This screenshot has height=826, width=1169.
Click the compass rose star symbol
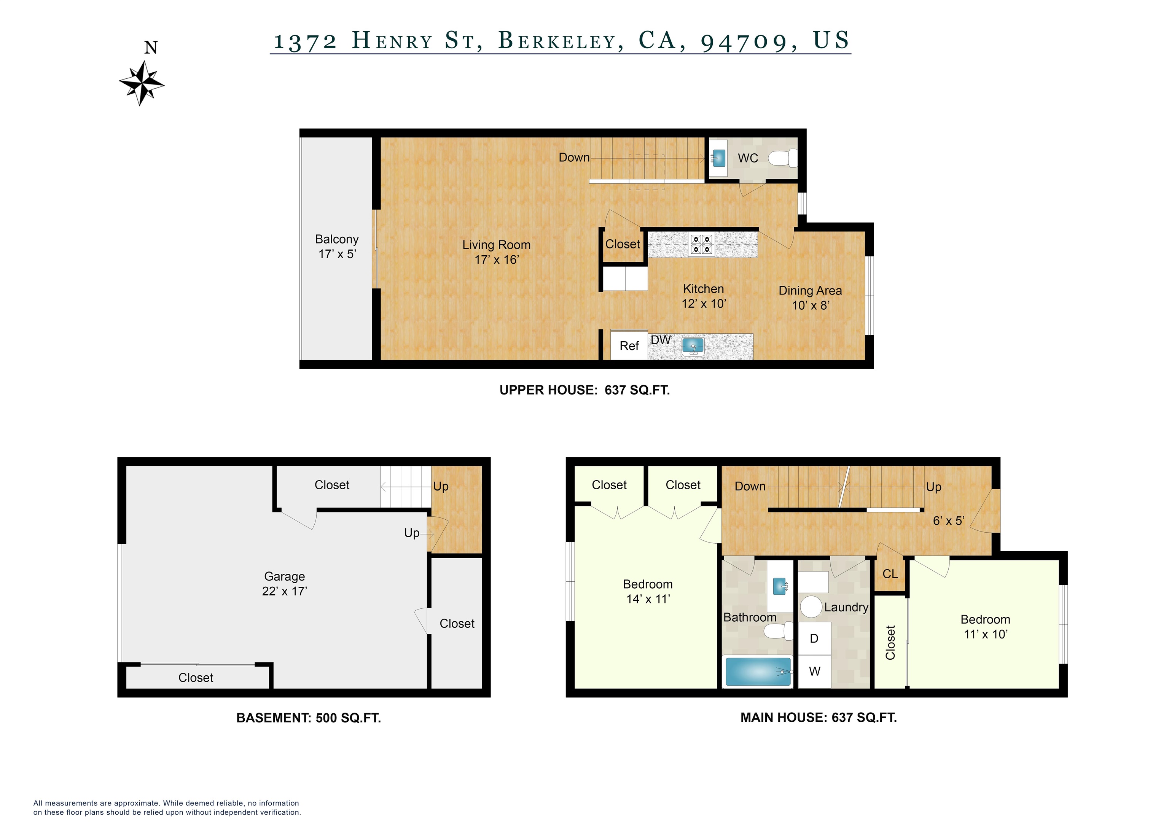tap(142, 83)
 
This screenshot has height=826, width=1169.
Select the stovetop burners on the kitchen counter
tap(701, 244)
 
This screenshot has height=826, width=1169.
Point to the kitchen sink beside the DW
tap(693, 347)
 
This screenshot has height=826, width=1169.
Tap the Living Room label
tap(497, 252)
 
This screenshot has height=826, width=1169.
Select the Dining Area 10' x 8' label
tap(810, 298)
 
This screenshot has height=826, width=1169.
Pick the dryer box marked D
tap(814, 638)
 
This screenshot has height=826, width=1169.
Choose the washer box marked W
tap(814, 671)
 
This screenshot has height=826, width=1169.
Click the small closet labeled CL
tap(890, 574)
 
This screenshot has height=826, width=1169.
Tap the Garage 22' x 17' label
tap(284, 584)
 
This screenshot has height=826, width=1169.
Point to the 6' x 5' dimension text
tap(948, 520)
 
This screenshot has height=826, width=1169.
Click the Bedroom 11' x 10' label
tap(985, 627)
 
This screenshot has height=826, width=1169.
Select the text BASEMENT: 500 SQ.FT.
tap(309, 718)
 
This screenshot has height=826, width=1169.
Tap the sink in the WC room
tap(718, 158)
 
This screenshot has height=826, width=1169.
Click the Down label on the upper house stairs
tap(574, 157)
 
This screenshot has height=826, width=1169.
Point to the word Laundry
tap(846, 607)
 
